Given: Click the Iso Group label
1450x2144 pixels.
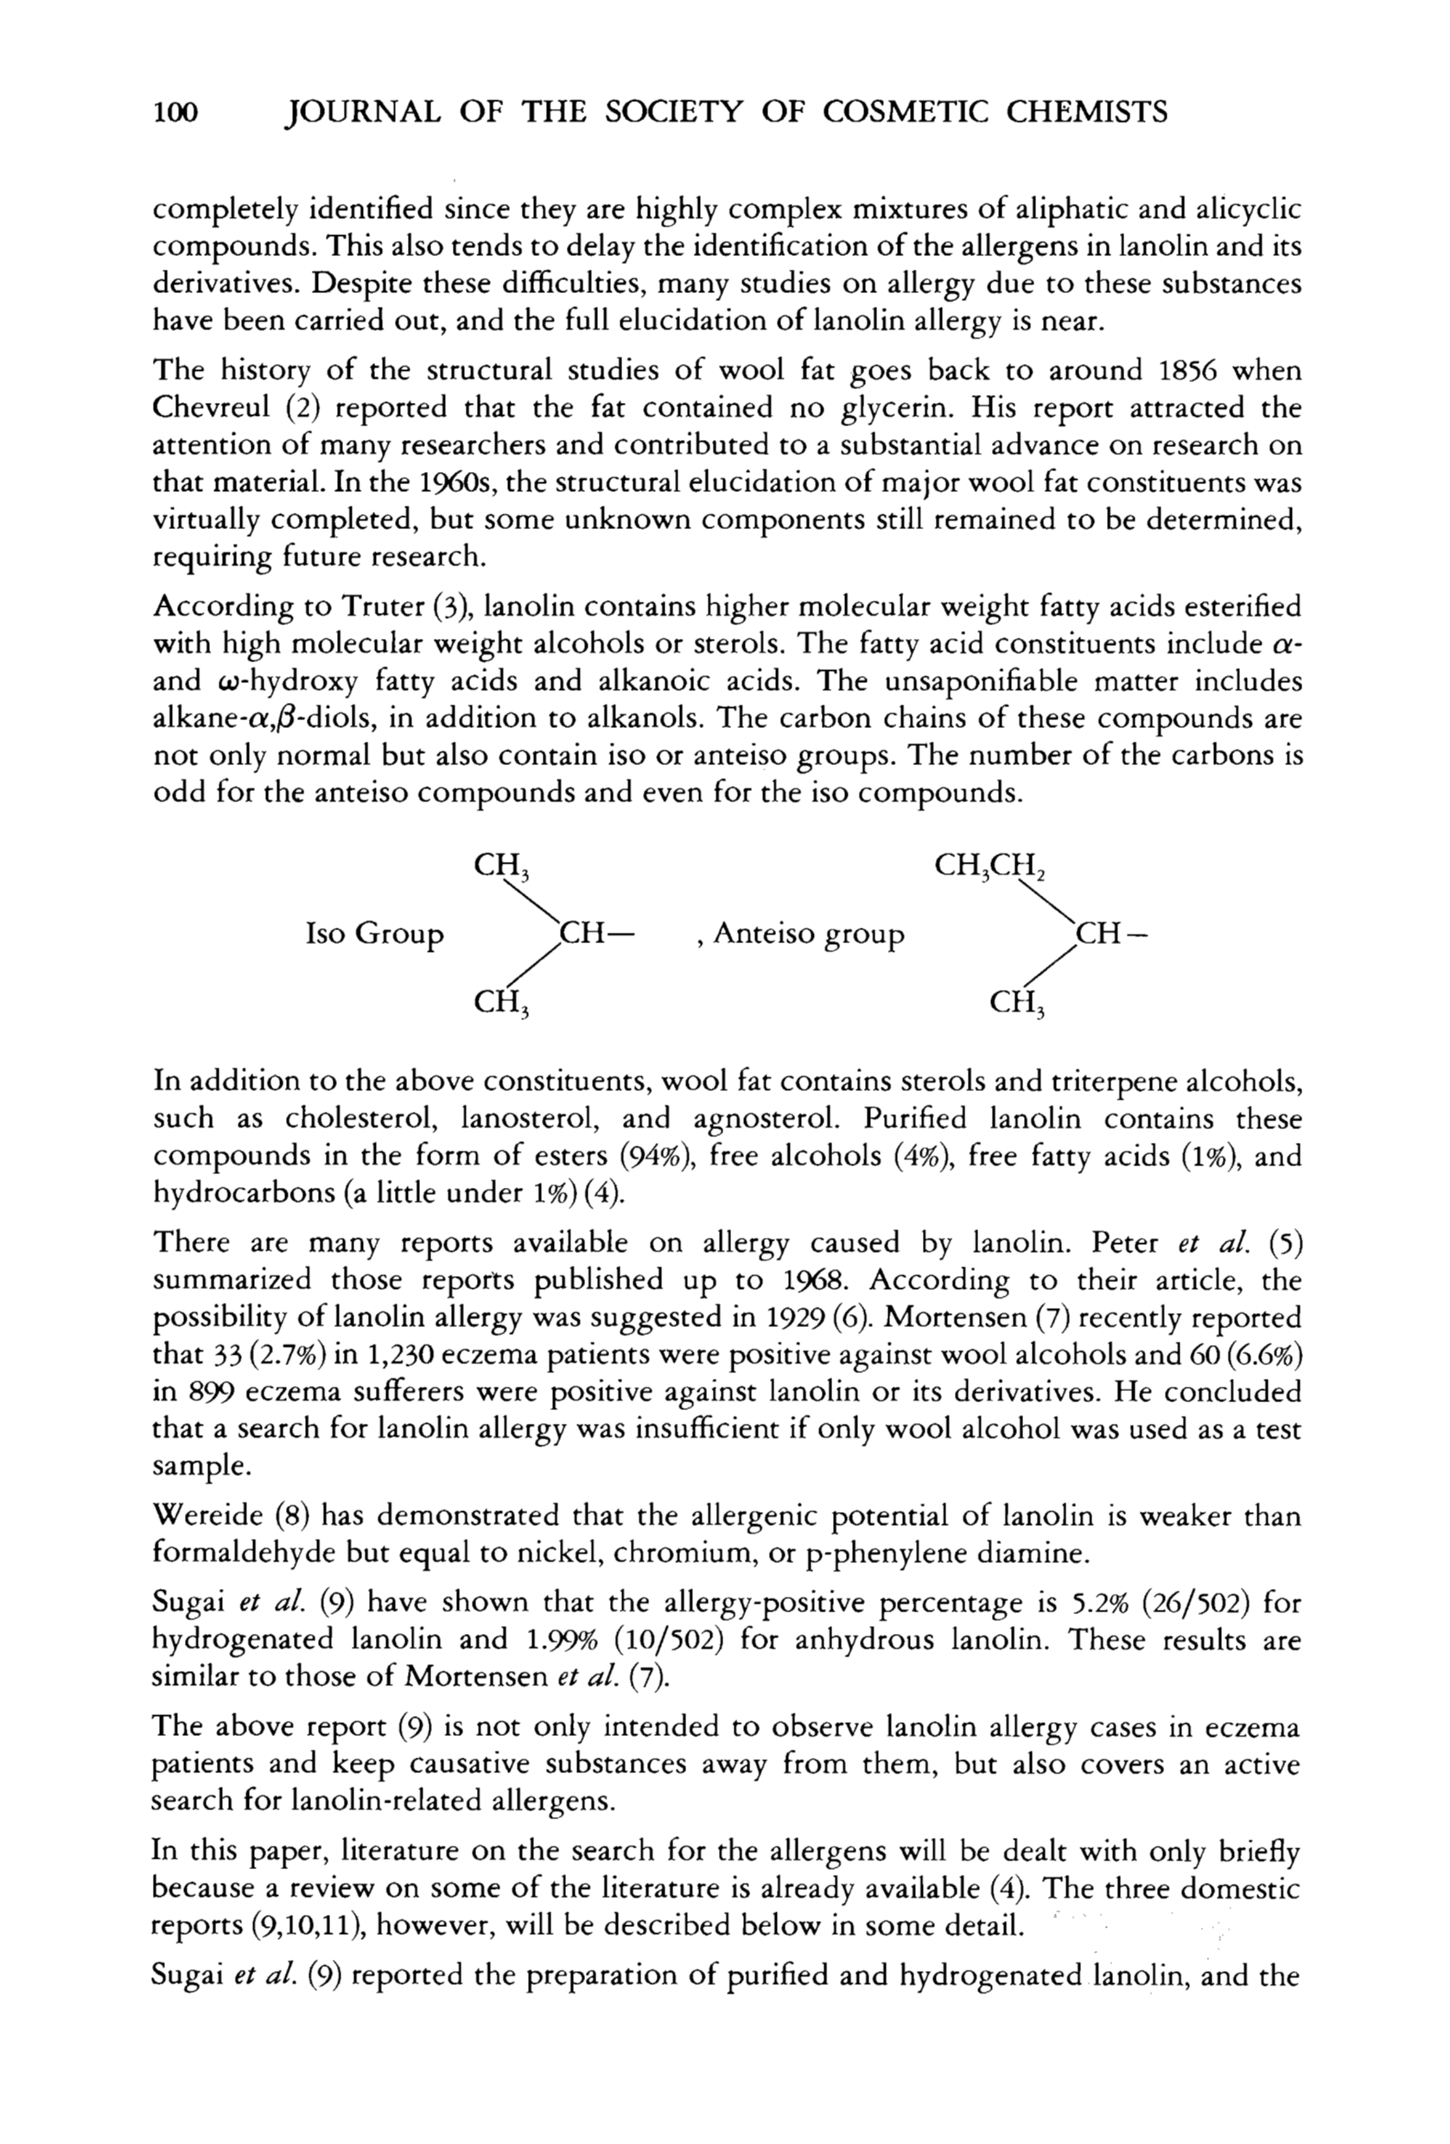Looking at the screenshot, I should tap(374, 935).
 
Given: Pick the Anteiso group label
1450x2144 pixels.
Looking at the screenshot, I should tap(808, 935).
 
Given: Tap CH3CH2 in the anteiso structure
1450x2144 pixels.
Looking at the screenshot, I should tap(989, 867).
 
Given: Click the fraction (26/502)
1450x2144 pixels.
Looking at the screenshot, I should tap(1196, 1604).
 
